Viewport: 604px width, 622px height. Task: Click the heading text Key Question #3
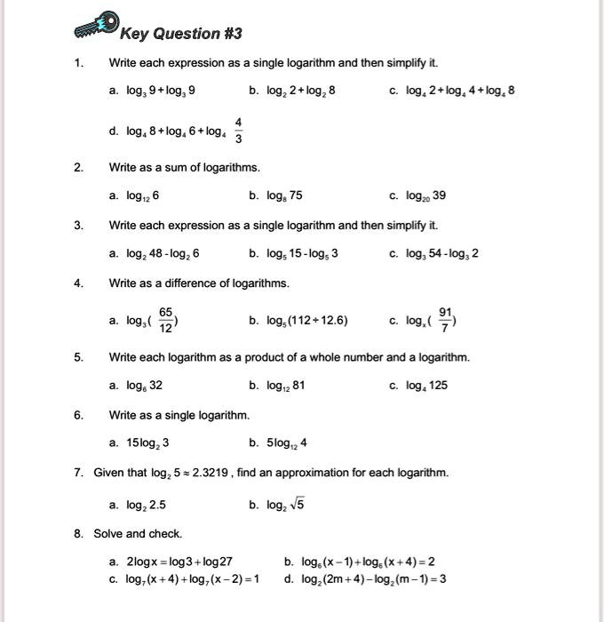[180, 34]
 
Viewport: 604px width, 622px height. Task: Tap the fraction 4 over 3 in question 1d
[238, 131]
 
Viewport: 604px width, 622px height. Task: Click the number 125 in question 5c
[440, 386]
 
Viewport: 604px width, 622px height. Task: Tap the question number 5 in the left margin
[78, 357]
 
